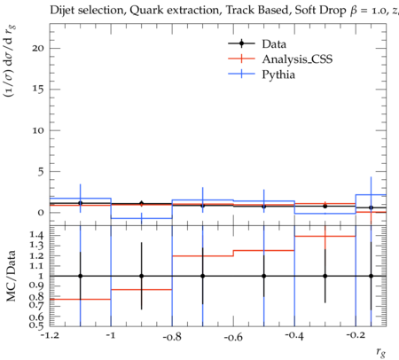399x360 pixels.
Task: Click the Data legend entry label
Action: [274, 44]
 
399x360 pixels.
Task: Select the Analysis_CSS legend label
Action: [297, 59]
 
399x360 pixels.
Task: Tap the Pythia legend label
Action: [278, 74]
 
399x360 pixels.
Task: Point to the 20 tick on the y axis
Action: [38, 48]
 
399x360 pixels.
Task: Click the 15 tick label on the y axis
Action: [38, 90]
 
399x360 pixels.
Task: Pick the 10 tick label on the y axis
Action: [38, 130]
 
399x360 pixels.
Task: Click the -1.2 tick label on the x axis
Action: [50, 335]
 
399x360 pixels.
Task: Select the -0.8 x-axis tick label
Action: [172, 336]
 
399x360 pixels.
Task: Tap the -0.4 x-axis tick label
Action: [294, 335]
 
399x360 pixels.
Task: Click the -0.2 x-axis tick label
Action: [356, 335]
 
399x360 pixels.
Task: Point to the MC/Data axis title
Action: [11, 276]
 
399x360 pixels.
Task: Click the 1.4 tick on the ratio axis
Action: [36, 236]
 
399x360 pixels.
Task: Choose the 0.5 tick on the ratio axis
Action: [36, 325]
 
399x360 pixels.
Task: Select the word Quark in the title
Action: [143, 11]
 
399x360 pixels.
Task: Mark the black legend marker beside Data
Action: [241, 43]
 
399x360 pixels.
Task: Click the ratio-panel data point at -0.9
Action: [142, 276]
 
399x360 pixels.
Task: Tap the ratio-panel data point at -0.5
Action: [264, 276]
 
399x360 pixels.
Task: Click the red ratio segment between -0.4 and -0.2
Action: [325, 236]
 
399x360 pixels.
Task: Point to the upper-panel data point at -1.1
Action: [80, 203]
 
